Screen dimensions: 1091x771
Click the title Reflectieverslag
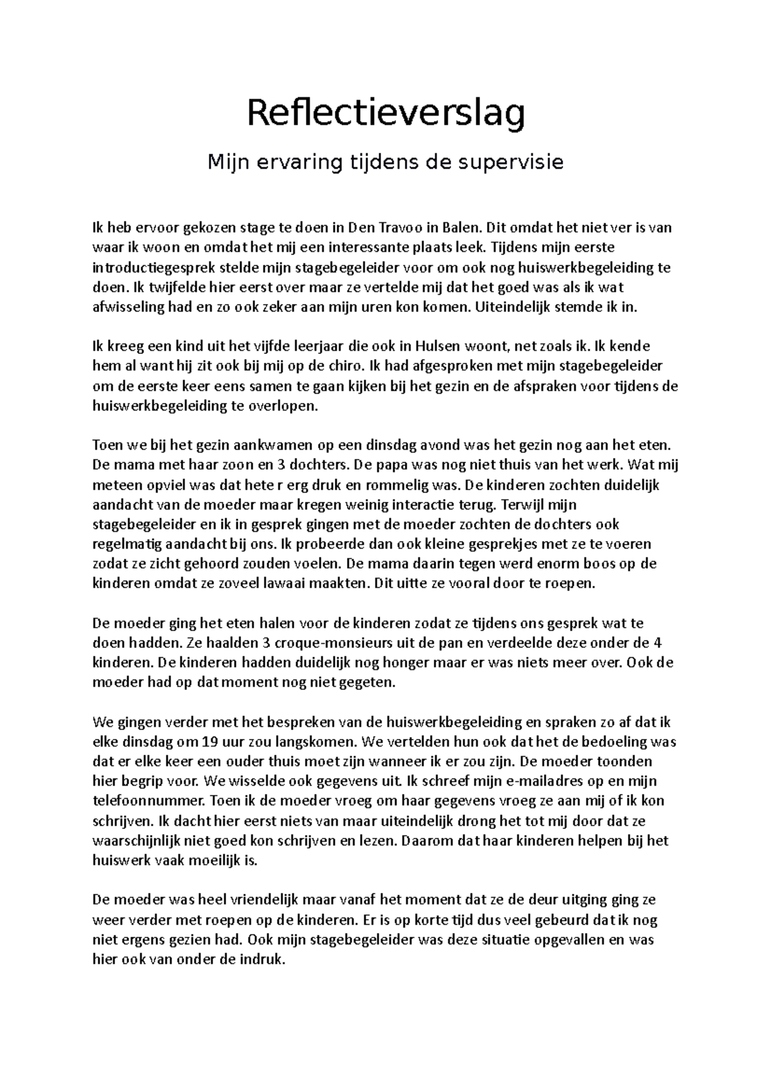tap(386, 114)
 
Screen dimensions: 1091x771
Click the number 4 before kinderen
tap(655, 643)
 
